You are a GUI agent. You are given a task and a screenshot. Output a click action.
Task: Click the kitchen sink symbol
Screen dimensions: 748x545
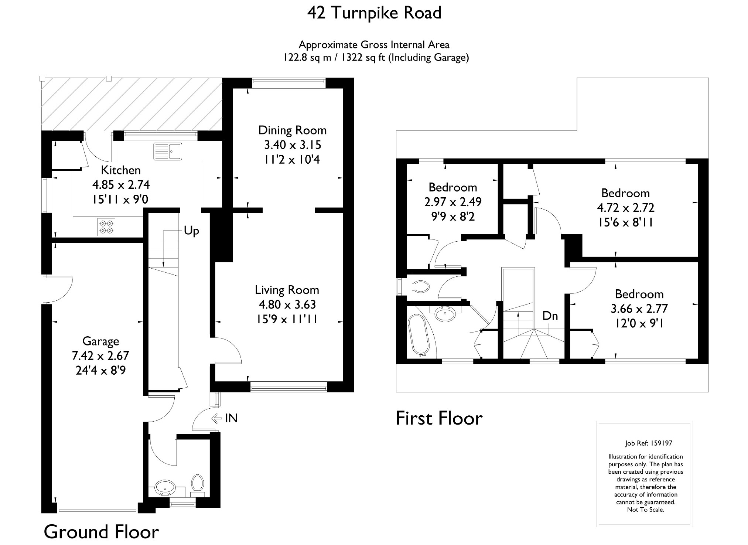pyautogui.click(x=168, y=151)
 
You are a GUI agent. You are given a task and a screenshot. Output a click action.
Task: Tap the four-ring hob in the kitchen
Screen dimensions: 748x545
pyautogui.click(x=106, y=227)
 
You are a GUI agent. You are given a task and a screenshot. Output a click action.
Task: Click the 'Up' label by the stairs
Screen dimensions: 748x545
pyautogui.click(x=191, y=231)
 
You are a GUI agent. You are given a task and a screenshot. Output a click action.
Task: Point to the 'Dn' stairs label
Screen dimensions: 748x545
pyautogui.click(x=550, y=316)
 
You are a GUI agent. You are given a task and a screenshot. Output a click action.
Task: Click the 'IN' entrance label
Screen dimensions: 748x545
pyautogui.click(x=231, y=418)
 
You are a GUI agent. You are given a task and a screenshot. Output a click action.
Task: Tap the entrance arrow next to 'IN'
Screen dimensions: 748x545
pyautogui.click(x=216, y=418)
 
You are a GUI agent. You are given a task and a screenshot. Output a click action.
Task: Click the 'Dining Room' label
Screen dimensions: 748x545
pyautogui.click(x=292, y=130)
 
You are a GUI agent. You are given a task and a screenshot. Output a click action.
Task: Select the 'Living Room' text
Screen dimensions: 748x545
pyautogui.click(x=287, y=290)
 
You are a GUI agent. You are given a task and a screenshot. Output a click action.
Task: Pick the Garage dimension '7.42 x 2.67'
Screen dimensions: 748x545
pyautogui.click(x=100, y=356)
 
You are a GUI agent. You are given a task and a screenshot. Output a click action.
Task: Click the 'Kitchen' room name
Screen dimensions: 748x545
pyautogui.click(x=121, y=170)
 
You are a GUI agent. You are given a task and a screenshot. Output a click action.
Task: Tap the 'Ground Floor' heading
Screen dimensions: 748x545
pyautogui.click(x=101, y=532)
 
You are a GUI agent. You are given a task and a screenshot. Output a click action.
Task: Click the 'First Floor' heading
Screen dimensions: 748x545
pyautogui.click(x=439, y=418)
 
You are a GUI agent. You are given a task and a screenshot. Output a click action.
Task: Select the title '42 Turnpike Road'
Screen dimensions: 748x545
pyautogui.click(x=374, y=13)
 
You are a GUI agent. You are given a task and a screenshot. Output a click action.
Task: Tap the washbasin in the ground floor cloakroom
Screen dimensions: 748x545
pyautogui.click(x=165, y=487)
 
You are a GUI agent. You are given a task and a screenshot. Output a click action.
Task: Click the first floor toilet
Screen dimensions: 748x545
pyautogui.click(x=421, y=286)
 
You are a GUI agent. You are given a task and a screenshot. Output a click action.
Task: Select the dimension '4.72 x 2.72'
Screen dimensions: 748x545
pyautogui.click(x=626, y=208)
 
